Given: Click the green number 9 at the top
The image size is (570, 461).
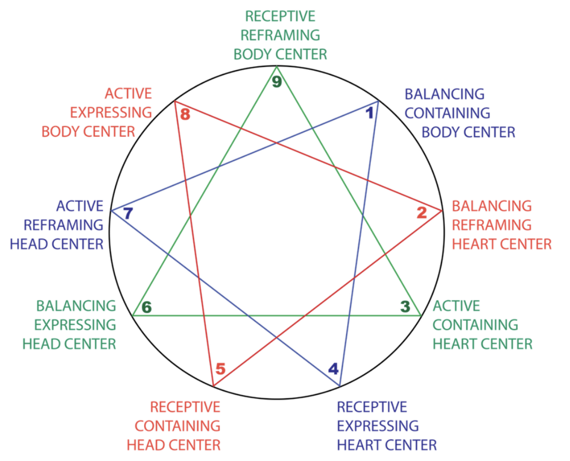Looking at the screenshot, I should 277,82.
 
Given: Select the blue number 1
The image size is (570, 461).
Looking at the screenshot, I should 369,113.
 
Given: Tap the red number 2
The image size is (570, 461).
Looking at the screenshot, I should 421,212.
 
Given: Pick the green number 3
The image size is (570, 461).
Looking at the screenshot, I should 405,307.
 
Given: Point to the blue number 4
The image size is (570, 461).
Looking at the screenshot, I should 333,369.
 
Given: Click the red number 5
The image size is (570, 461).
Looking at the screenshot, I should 221,369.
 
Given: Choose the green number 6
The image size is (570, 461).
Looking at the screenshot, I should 147,308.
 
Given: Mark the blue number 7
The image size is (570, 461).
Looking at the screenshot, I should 128,213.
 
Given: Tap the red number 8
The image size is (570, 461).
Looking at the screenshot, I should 185,114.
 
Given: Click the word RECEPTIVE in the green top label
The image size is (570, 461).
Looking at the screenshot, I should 280,16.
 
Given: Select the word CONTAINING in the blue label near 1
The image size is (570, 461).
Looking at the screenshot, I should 447,113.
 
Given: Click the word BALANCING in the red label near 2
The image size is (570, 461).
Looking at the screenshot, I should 492,206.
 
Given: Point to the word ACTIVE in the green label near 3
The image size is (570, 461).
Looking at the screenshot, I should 456,306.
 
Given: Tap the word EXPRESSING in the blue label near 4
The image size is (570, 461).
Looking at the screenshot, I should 378,426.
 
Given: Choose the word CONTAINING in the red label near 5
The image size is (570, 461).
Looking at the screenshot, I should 178,426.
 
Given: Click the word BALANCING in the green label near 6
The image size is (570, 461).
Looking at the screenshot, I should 76,306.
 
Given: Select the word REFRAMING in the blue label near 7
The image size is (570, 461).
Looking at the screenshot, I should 64,225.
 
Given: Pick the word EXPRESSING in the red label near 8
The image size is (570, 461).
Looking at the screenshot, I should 111,113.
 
